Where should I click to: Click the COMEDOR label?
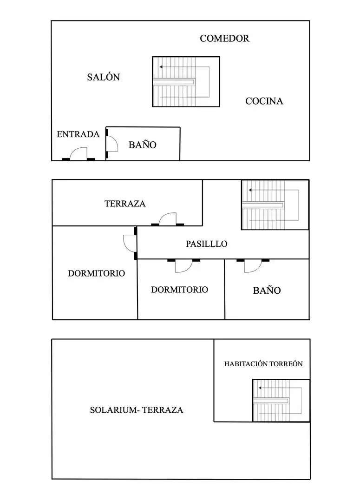click(224, 39)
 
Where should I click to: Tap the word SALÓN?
click(104, 77)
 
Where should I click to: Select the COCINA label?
click(264, 101)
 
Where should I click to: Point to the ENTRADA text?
click(78, 134)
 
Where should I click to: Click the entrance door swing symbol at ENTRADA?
click(79, 154)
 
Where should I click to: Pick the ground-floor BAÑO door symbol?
click(111, 144)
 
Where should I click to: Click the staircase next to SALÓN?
click(186, 82)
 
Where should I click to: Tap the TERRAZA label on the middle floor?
click(125, 204)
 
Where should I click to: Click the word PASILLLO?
click(206, 244)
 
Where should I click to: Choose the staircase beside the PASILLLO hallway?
click(275, 205)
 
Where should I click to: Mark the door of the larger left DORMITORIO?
click(130, 243)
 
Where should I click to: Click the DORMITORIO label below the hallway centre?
click(179, 290)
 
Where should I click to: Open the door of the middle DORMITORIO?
click(183, 266)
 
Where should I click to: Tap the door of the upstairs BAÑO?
click(253, 266)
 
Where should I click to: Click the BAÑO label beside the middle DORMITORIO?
click(267, 291)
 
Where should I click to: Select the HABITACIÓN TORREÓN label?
click(263, 364)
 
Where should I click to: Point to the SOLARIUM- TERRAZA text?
click(137, 410)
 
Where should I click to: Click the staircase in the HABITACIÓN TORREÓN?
click(281, 401)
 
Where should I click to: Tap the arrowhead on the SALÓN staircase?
click(161, 67)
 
